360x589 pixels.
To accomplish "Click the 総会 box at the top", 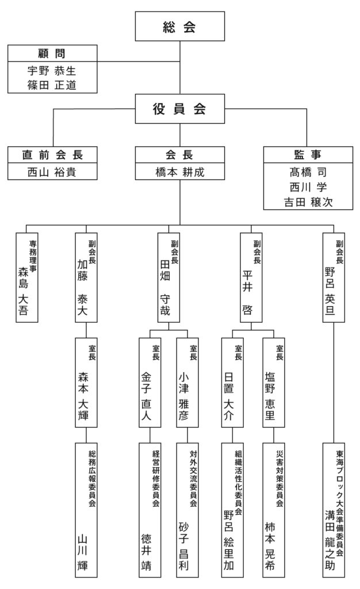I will click(179, 26).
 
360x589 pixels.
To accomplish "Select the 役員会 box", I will click(179, 109).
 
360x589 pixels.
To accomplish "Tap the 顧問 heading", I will click(52, 54).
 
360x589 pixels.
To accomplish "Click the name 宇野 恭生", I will click(52, 71).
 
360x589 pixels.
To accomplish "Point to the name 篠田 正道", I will click(52, 85).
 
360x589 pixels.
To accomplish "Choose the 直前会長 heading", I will click(52, 155).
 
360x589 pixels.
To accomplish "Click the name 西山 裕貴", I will click(52, 172).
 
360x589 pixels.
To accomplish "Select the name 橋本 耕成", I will click(179, 172).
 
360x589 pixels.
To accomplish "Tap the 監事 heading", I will click(308, 155).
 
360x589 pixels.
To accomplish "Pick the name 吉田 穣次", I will click(308, 202).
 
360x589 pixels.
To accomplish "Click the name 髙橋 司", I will click(308, 172).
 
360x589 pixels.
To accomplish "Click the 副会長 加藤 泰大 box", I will click(86, 278).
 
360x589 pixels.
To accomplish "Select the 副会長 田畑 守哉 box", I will click(169, 278).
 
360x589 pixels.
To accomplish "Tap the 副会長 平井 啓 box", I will click(252, 278).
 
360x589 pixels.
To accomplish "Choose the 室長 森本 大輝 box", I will click(86, 383).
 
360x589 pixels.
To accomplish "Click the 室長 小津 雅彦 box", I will click(189, 383).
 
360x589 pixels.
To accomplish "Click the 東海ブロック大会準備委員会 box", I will click(335, 509).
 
